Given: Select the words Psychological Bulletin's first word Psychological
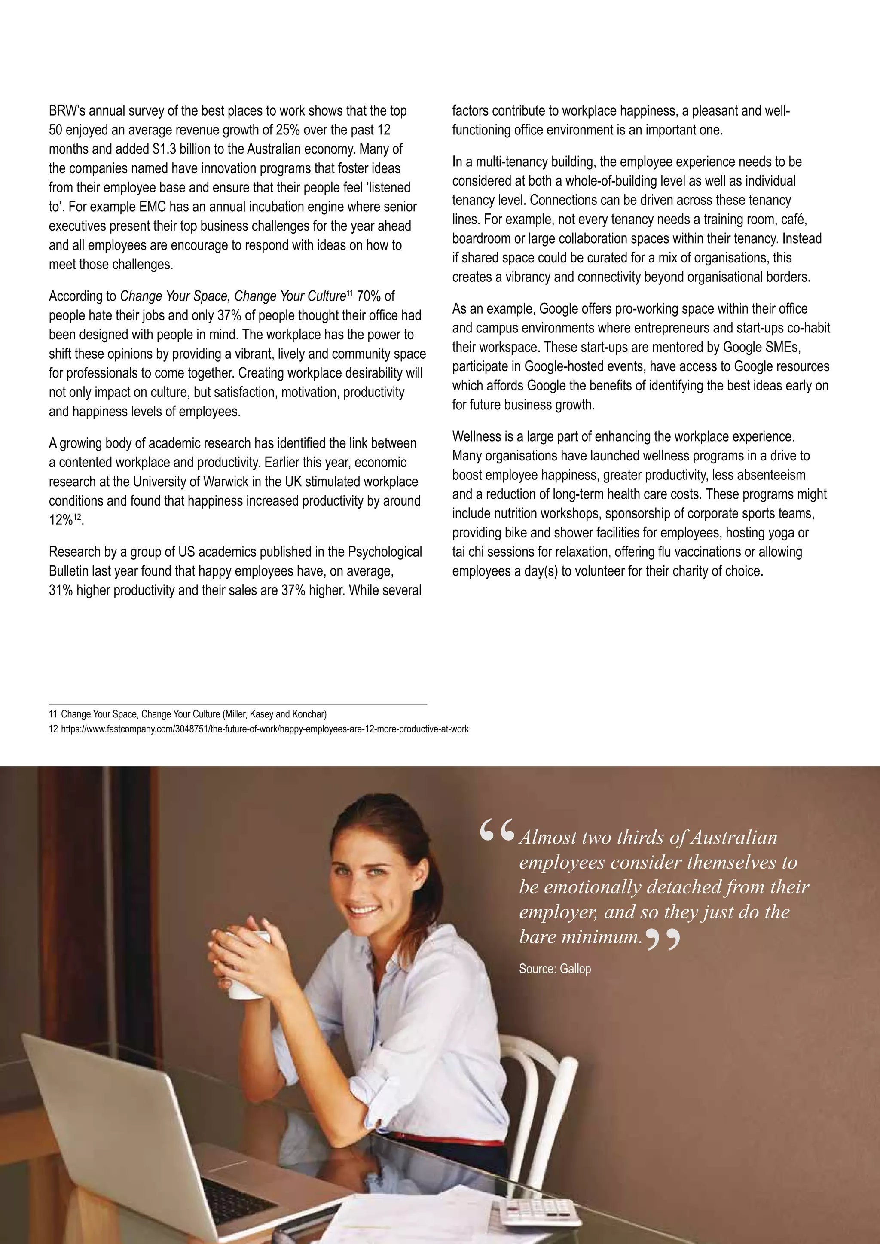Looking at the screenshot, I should pos(384,552).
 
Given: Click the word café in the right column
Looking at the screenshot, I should pos(794,220).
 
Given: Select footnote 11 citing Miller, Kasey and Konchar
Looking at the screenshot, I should pos(187,714).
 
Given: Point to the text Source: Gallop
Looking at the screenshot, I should pos(554,969).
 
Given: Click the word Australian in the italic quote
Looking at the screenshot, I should pos(734,838).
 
